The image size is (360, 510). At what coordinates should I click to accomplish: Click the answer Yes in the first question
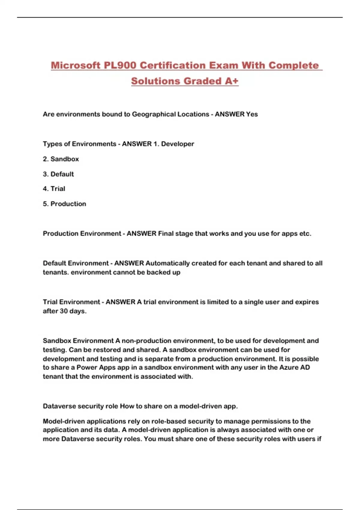tap(252, 114)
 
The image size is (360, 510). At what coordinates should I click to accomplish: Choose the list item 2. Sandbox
tap(61, 159)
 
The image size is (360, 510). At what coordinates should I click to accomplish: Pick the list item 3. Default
tap(58, 174)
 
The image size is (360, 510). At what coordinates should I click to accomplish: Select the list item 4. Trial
tap(54, 189)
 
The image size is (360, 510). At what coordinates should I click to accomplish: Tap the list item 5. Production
tap(64, 204)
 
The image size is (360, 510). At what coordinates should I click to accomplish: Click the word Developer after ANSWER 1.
tap(178, 144)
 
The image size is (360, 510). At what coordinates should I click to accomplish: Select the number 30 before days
tap(64, 311)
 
